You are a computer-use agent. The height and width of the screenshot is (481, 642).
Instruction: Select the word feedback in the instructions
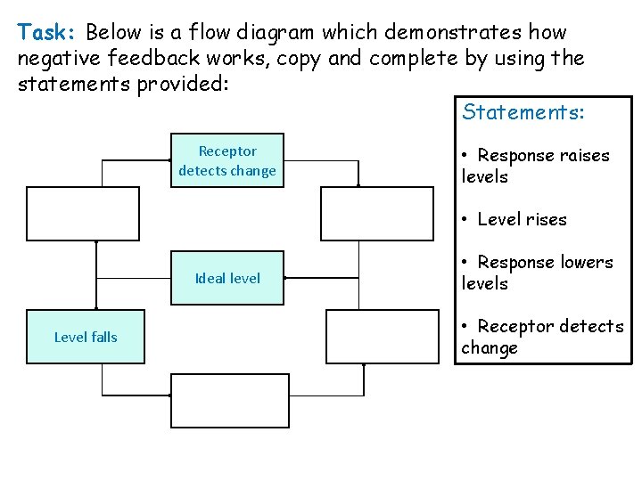click(151, 60)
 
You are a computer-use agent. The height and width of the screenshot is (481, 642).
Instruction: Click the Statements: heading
click(523, 112)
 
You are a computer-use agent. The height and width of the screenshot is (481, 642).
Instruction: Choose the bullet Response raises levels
click(535, 166)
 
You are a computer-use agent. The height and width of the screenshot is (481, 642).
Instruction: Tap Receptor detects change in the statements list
click(542, 337)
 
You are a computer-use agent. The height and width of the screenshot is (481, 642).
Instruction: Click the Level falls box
click(86, 337)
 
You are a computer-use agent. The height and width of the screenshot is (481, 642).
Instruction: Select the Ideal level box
click(227, 278)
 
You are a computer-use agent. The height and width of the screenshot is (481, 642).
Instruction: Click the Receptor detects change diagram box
click(227, 161)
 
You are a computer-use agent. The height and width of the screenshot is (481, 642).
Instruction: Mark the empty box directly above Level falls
click(84, 214)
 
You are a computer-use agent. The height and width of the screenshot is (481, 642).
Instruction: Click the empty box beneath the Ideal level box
click(230, 401)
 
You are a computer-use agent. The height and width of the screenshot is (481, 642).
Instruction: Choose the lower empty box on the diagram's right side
click(383, 337)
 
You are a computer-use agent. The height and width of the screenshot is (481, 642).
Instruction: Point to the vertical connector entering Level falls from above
click(95, 275)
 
